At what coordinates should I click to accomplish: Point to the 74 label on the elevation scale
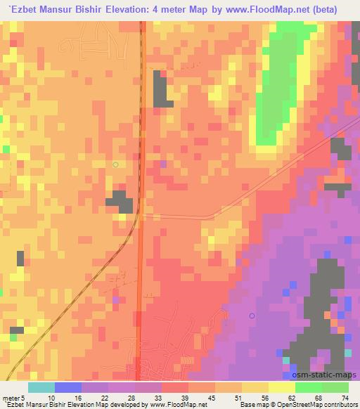(345, 398)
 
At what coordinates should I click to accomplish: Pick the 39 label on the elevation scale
(185, 398)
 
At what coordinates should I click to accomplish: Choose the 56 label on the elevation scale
(265, 398)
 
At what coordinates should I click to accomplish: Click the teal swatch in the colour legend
(41, 387)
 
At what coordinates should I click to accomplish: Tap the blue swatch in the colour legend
(68, 387)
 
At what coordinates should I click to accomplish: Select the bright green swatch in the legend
(309, 387)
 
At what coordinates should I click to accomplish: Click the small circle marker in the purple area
(252, 316)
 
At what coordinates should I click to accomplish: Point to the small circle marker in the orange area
(116, 164)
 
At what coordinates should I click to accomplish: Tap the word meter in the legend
(12, 398)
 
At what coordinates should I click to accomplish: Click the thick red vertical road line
(141, 281)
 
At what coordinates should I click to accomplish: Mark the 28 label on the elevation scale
(131, 398)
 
